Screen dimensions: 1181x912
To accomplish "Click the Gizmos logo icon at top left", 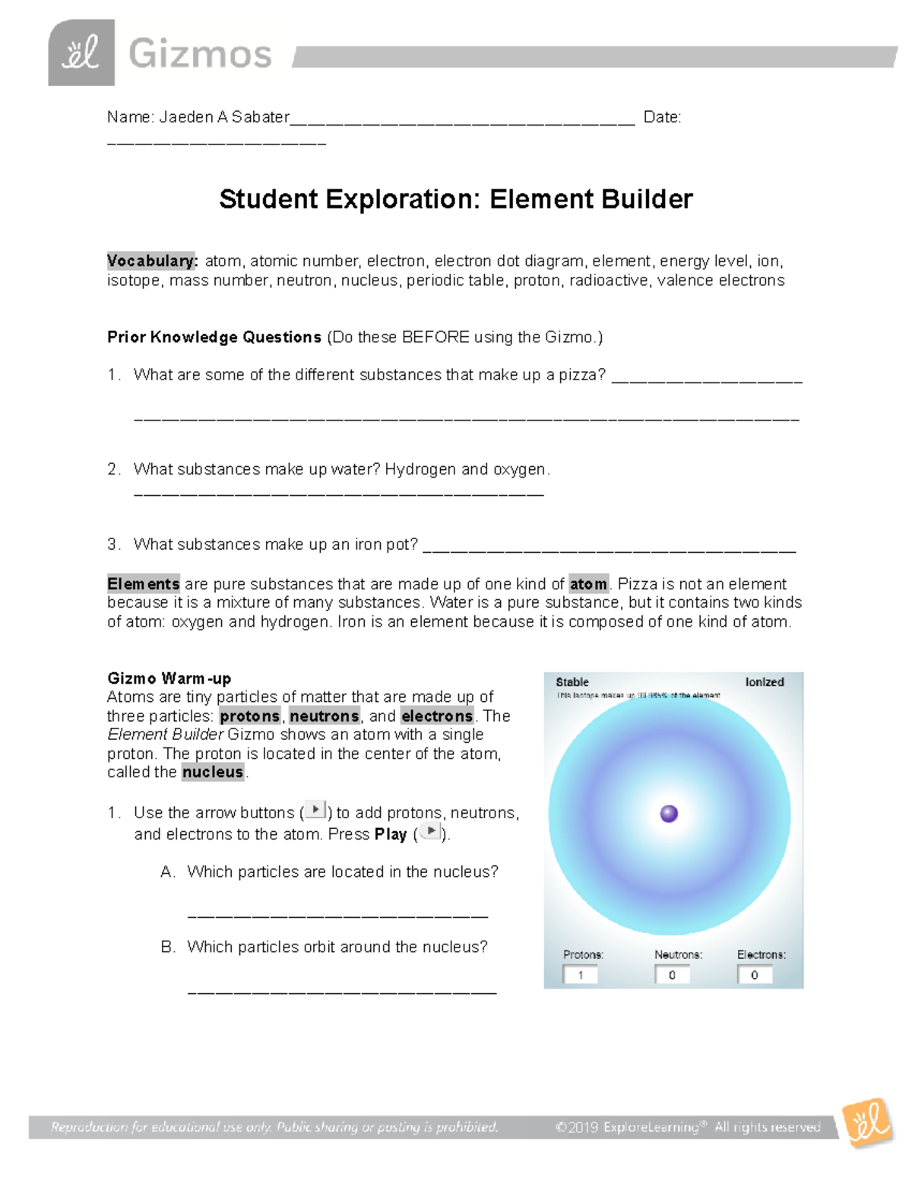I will (x=81, y=53).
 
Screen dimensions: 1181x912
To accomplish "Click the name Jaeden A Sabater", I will (x=223, y=117).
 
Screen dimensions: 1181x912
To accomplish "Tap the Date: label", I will (x=662, y=117).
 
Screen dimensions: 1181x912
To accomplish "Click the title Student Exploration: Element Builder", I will (x=455, y=199).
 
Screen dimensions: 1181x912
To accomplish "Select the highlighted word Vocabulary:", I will (x=152, y=261).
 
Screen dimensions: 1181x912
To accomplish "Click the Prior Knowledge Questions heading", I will (x=214, y=337).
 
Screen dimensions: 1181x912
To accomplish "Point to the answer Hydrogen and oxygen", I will (x=466, y=469).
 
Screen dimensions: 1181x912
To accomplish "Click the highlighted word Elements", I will (x=144, y=584).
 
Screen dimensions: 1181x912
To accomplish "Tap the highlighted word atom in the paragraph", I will (x=588, y=584).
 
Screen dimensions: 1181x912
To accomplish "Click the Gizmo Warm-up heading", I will (x=169, y=678).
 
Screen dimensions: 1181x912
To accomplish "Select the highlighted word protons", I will (x=249, y=716).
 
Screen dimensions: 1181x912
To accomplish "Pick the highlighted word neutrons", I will (x=324, y=716).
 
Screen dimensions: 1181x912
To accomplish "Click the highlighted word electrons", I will (x=437, y=716).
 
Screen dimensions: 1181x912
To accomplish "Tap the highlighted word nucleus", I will (x=213, y=773).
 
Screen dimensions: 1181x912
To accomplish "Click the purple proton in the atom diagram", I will (x=669, y=814).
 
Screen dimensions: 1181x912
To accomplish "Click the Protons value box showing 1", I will (x=580, y=975).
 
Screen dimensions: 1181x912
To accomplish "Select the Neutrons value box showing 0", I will (x=672, y=975).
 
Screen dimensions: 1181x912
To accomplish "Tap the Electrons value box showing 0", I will (x=755, y=975).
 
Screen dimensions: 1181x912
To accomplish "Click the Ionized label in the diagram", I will (x=764, y=682).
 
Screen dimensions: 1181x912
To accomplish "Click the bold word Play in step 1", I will (x=391, y=834).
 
